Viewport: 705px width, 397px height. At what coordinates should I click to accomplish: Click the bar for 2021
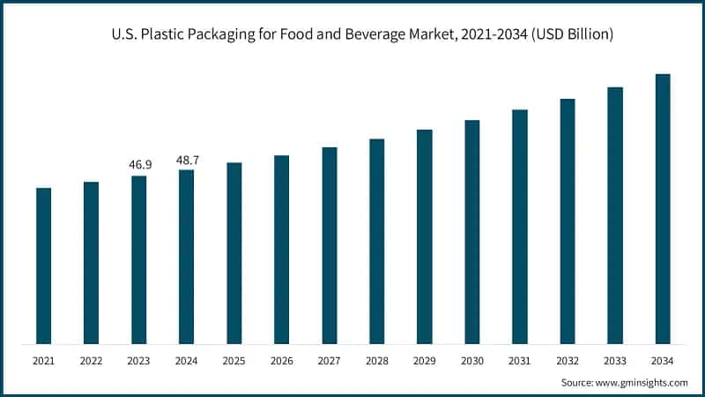(43, 266)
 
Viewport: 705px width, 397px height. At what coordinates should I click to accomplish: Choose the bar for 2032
(567, 221)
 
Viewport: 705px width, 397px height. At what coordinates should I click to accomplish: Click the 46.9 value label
(139, 165)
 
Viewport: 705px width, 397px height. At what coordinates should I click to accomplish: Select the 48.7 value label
(187, 160)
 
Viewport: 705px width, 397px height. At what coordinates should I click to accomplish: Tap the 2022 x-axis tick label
(91, 361)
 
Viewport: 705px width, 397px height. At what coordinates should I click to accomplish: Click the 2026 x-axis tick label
(281, 361)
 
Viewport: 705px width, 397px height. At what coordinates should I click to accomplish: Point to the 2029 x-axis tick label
(424, 361)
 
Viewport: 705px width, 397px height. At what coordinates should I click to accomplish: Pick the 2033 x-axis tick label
(614, 361)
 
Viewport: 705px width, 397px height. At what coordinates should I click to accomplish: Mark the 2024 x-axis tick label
(186, 361)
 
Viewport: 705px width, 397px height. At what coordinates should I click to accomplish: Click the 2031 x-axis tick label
(519, 361)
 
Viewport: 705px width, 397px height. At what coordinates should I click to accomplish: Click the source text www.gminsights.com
(642, 382)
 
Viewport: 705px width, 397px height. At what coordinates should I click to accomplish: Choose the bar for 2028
(376, 242)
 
